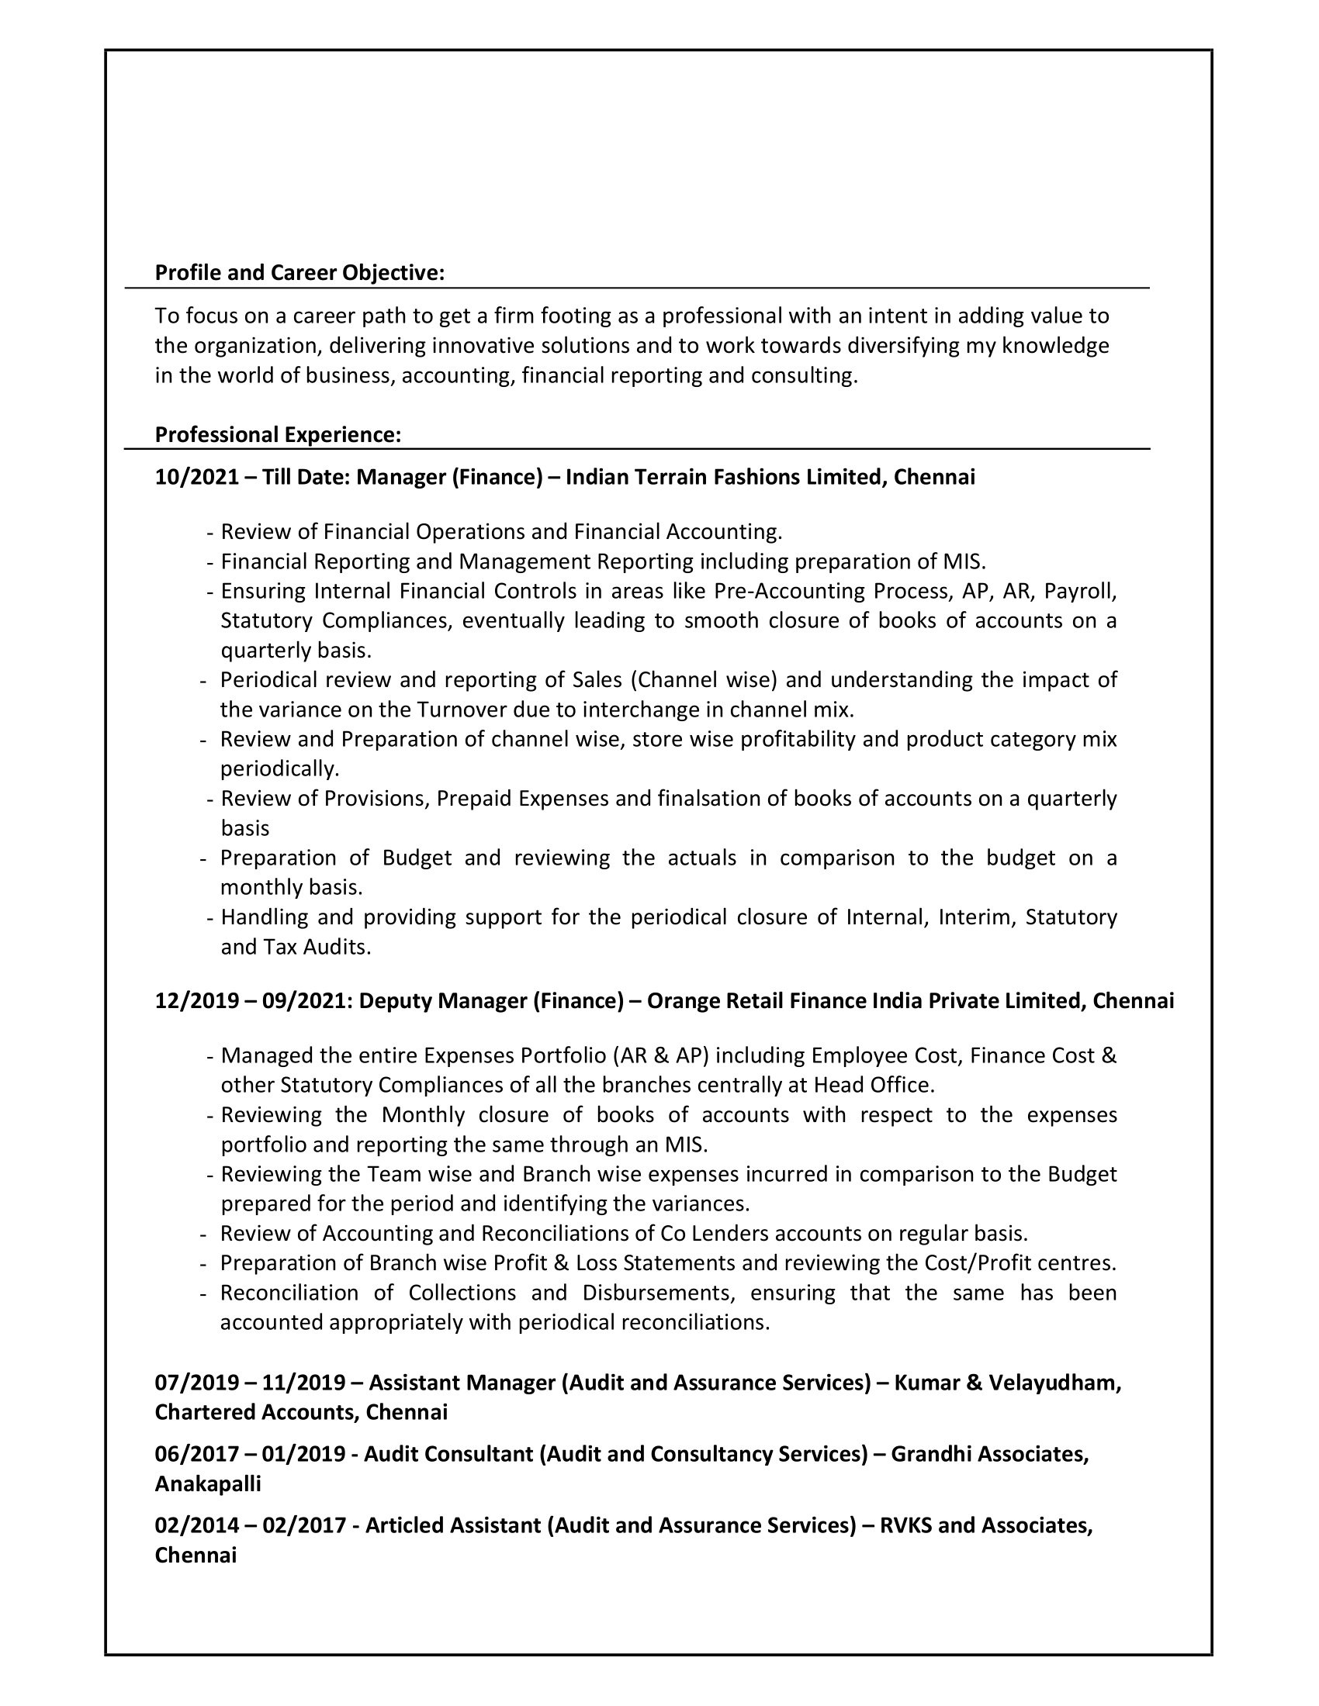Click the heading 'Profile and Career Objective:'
[x=299, y=273]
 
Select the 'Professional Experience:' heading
[x=279, y=434]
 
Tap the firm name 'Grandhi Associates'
[x=988, y=1454]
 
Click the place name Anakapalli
[x=208, y=1483]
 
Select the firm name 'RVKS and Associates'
[x=985, y=1525]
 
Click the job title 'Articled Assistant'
[x=452, y=1525]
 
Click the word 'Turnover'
[x=461, y=710]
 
